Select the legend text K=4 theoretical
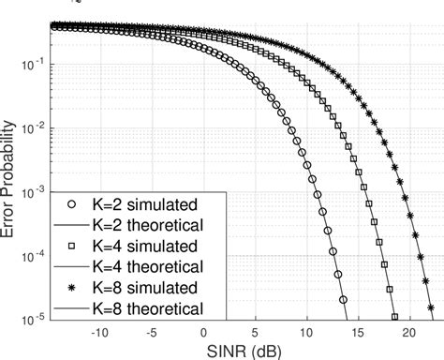pyautogui.click(x=148, y=267)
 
